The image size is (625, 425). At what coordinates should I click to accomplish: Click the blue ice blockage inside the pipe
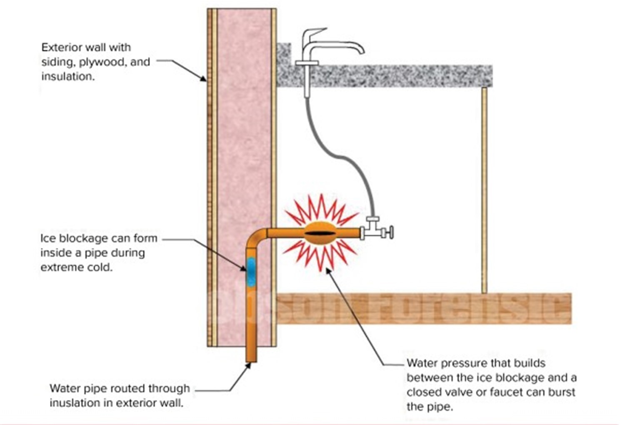pyautogui.click(x=251, y=271)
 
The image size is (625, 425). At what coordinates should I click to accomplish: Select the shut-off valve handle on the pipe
pyautogui.click(x=390, y=232)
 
